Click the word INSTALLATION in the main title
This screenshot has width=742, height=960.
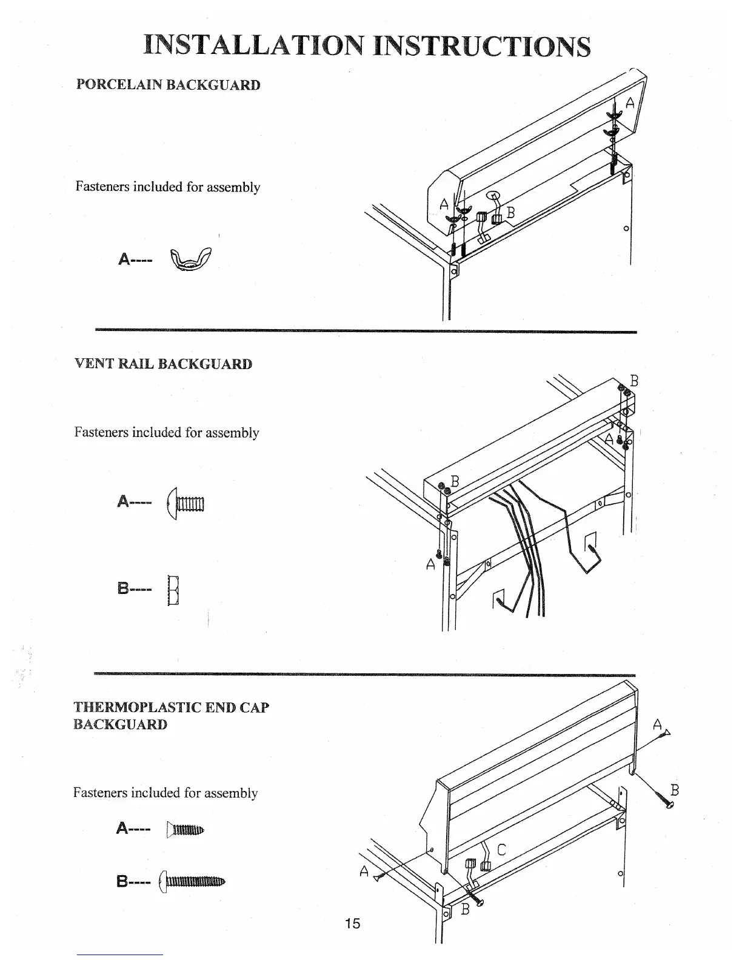coord(254,46)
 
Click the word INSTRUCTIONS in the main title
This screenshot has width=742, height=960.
coord(482,46)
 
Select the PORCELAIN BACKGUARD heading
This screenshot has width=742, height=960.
coord(168,85)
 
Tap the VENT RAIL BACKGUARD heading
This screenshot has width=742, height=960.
coord(163,364)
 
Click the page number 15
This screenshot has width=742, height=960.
coord(352,923)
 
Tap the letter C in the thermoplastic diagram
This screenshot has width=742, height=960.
coord(501,850)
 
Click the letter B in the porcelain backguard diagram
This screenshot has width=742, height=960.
coord(510,213)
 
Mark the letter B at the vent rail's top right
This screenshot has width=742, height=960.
coord(634,381)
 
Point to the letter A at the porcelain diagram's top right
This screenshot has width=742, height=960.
coord(630,103)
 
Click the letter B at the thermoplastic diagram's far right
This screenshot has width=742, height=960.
coord(675,790)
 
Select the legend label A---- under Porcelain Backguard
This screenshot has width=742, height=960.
coord(135,260)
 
